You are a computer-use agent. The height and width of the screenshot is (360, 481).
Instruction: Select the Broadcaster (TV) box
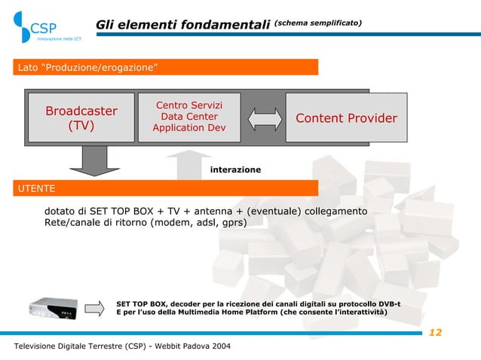81,118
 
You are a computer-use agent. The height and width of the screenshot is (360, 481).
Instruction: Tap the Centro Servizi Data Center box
188,117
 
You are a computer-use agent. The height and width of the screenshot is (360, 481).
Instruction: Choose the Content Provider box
346,118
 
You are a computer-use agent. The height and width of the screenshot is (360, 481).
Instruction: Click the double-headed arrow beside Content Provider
262,118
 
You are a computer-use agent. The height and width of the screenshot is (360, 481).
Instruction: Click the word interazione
235,170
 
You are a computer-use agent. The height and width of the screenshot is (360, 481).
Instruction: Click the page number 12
435,333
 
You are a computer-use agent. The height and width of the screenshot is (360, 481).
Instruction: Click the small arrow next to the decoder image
94,308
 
